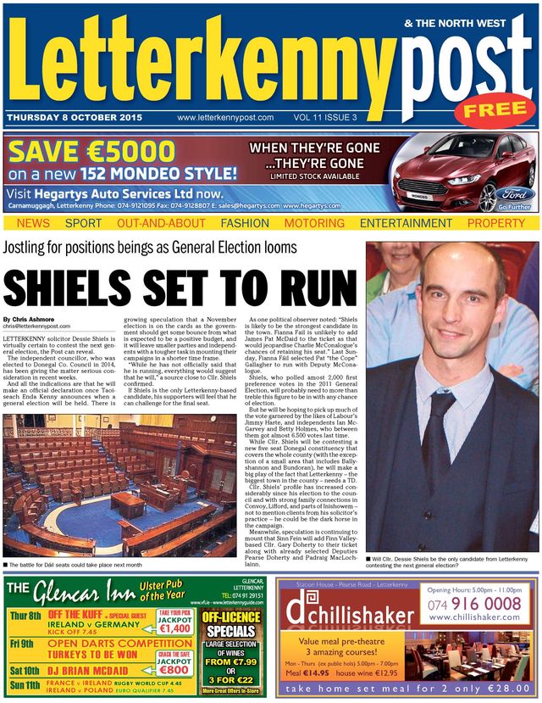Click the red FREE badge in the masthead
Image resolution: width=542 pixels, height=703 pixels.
pos(495,109)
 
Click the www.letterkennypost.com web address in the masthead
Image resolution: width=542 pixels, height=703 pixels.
pos(225,118)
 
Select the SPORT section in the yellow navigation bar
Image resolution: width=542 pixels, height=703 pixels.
pos(83,223)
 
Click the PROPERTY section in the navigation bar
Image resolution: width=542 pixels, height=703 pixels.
pos(496,223)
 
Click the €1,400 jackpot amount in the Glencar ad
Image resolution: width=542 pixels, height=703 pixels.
pos(175,628)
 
